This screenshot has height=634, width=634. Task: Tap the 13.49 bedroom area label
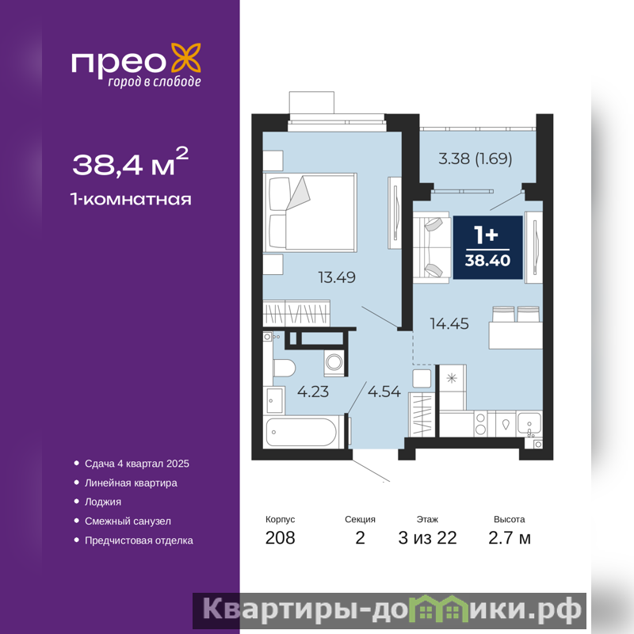(337, 277)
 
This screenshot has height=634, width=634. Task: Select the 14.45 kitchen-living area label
(449, 323)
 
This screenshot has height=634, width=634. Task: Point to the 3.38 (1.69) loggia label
(475, 158)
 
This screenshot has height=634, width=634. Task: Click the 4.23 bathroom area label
(313, 391)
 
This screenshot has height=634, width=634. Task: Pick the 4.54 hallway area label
(384, 391)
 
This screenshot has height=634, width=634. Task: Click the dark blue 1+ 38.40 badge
(487, 247)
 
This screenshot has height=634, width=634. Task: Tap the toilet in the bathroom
(284, 368)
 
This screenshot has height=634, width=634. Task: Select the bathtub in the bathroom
(302, 432)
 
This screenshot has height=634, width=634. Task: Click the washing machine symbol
(334, 362)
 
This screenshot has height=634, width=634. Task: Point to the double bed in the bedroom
(310, 212)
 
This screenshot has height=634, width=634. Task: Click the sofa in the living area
(431, 247)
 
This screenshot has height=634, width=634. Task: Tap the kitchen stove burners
(480, 423)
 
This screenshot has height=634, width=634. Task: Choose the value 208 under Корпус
(280, 538)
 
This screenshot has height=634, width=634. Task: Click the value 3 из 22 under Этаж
(427, 538)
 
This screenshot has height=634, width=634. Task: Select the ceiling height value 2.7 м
(509, 538)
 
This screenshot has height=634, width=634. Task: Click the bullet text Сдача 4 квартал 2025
(136, 464)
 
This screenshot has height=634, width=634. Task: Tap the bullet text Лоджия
(103, 502)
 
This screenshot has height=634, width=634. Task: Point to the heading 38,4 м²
(130, 162)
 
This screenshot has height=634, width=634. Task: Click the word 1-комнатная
(131, 200)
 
